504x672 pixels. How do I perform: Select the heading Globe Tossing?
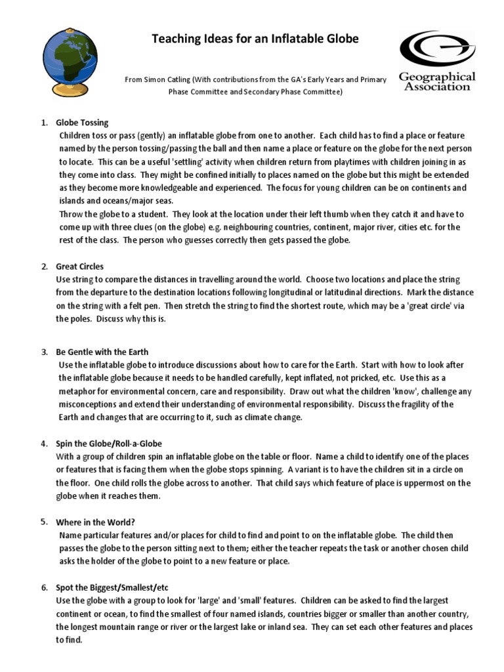[x=82, y=123]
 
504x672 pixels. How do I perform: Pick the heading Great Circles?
[x=79, y=266]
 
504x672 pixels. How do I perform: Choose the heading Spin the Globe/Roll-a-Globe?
[x=109, y=444]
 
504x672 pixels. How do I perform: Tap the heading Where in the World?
[x=96, y=522]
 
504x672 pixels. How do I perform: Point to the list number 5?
[x=43, y=522]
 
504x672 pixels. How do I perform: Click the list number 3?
[x=44, y=351]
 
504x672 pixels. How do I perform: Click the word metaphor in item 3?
[x=77, y=391]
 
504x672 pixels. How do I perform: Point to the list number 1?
[x=44, y=123]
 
